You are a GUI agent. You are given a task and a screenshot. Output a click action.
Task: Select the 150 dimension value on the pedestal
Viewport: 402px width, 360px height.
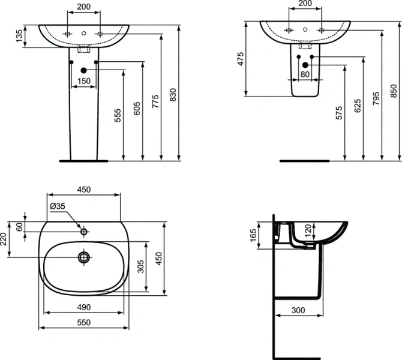(83, 81)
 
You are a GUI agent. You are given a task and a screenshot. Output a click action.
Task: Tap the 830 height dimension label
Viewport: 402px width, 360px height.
(174, 96)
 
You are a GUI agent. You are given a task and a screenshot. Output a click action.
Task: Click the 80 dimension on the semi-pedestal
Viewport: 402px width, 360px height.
(305, 75)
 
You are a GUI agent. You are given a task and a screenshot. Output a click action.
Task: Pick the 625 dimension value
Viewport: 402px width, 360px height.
(358, 106)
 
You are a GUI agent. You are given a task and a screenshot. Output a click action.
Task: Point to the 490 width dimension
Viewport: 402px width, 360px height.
(83, 307)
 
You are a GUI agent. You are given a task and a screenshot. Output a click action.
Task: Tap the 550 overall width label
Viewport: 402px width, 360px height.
(83, 322)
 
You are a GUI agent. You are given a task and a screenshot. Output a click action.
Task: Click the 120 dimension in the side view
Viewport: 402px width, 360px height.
(308, 230)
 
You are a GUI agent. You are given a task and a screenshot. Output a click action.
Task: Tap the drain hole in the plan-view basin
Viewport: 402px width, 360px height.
(83, 257)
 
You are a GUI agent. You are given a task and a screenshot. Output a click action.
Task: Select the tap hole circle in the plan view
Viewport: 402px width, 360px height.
(83, 231)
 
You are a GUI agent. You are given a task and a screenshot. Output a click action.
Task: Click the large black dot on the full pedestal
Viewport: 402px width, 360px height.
(83, 72)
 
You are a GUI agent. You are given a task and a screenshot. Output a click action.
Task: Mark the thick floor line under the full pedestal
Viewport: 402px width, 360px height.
(83, 161)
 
